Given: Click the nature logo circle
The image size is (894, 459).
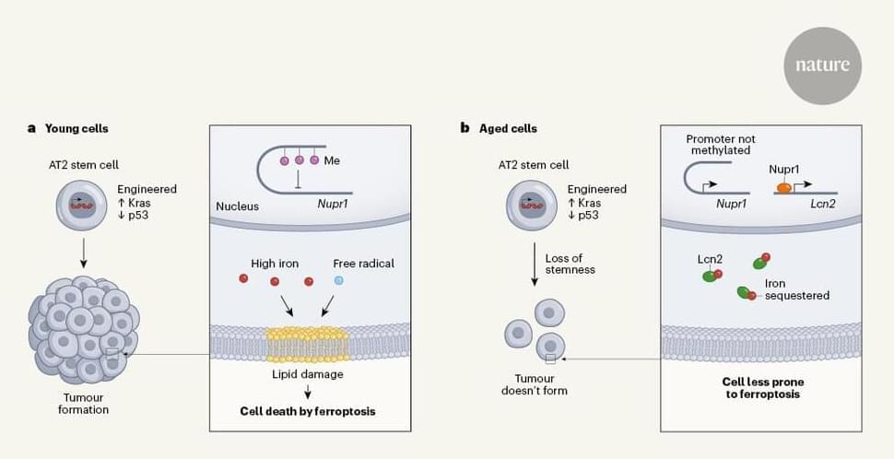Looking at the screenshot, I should point(822,65).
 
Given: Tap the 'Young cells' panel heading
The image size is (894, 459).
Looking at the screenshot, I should point(74,128).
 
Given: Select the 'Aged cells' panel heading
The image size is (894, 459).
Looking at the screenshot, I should point(508,128).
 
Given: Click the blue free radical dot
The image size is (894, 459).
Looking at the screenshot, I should point(338,279).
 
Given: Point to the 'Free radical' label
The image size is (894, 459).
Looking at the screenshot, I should point(364,264).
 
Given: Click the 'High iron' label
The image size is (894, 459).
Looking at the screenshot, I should point(275,264).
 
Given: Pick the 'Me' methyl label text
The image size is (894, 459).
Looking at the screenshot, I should point(333,160).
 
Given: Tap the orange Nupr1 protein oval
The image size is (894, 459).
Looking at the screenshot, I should point(782,187).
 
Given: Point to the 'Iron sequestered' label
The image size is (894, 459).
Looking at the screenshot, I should point(796,289).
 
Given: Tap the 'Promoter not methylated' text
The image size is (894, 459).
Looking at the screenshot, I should point(719,145).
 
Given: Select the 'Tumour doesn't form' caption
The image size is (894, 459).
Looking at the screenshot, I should point(541,383).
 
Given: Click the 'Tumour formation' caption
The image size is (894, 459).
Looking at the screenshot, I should point(83,403).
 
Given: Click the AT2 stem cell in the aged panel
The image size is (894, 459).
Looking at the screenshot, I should point(533,206).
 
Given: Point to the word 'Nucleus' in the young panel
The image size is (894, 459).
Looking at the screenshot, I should point(238,206).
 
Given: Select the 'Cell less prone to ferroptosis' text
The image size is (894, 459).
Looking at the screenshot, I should point(760,387).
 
